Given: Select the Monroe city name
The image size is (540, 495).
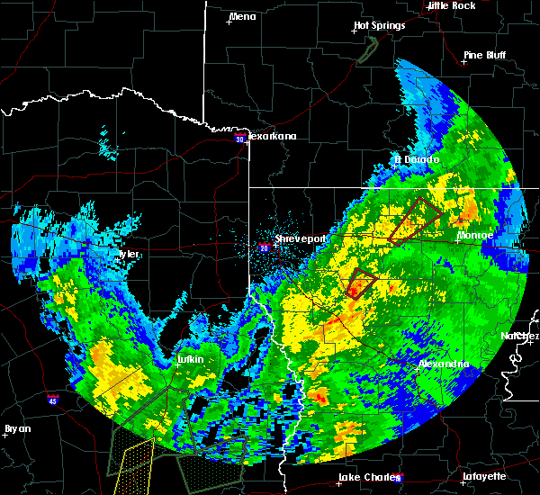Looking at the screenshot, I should (x=474, y=235).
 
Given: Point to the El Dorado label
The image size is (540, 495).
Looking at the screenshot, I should (x=418, y=160).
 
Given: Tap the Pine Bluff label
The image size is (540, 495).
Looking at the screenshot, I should (x=484, y=55).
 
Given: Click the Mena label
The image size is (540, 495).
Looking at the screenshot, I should (x=242, y=16).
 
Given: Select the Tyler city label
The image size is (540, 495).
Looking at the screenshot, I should (x=127, y=255).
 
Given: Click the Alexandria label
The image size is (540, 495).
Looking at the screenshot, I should (x=444, y=364).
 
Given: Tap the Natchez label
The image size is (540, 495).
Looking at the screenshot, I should (x=520, y=336).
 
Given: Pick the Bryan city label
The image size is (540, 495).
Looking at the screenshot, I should (x=17, y=428).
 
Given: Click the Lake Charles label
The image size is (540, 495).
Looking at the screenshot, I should (x=364, y=477).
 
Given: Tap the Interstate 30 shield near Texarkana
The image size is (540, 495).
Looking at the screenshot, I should (x=239, y=139).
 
